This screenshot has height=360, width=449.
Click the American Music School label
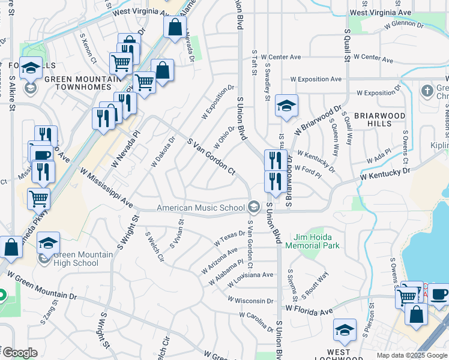tap(201, 208)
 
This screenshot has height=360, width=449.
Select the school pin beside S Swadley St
tap(287, 106)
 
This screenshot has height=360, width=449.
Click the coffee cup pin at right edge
tap(439, 294)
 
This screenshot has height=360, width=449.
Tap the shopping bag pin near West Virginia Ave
tap(175, 28)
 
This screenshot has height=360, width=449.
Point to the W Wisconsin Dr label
tap(251, 299)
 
